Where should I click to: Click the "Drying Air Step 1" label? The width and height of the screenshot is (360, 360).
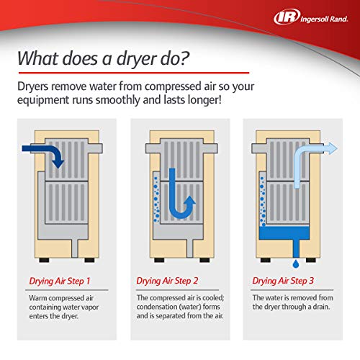pos(59,280)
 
